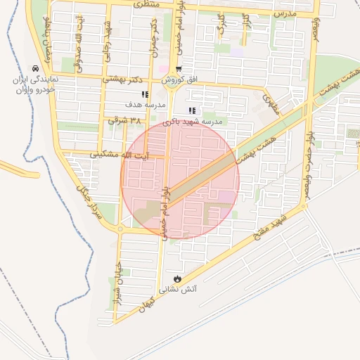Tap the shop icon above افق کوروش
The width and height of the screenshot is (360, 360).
(178, 70)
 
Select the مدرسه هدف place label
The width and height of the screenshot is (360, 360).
(145, 105)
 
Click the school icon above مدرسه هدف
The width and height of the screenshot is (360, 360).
(145, 94)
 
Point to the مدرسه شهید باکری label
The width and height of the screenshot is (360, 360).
(193, 122)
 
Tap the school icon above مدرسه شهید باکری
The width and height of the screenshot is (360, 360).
(192, 111)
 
